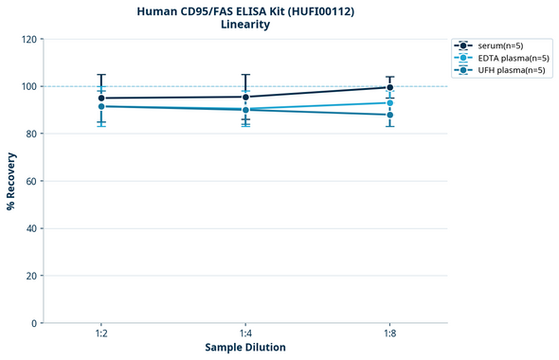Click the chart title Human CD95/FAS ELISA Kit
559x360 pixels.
(244, 10)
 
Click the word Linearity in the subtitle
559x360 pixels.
(244, 25)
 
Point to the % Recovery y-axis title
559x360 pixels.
(10, 181)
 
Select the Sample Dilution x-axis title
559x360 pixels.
(245, 347)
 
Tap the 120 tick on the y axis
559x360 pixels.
(30, 39)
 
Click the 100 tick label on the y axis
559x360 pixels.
(30, 86)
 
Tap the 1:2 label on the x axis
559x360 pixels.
(101, 333)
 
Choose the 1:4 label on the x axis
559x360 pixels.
(245, 333)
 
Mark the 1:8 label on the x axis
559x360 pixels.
(390, 333)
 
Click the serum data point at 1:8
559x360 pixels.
(390, 87)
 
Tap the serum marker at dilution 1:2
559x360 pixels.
(101, 98)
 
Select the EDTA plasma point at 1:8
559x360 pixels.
(390, 102)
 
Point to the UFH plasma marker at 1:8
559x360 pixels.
(390, 115)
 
